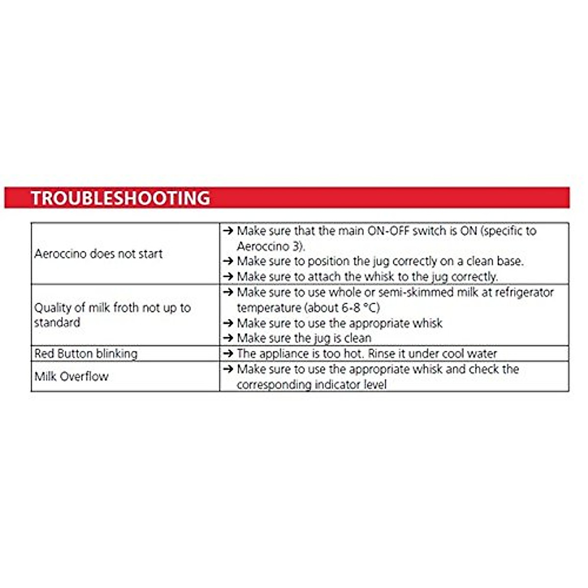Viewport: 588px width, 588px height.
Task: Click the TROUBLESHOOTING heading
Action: click(x=121, y=198)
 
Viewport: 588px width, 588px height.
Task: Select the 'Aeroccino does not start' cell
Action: click(x=98, y=254)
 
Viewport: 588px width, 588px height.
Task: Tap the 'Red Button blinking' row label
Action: click(x=86, y=354)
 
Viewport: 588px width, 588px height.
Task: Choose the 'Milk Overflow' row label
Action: click(x=72, y=376)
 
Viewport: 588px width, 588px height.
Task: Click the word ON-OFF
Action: click(x=388, y=231)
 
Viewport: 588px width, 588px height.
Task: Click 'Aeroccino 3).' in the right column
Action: click(x=271, y=246)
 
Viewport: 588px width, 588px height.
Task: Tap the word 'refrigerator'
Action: click(x=524, y=293)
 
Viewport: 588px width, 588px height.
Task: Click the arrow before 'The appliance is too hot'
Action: click(x=228, y=354)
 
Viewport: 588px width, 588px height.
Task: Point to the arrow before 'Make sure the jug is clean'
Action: click(x=228, y=338)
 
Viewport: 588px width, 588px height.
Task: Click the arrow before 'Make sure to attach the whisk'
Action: click(x=228, y=277)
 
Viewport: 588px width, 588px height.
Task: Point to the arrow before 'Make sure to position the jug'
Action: click(x=228, y=261)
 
